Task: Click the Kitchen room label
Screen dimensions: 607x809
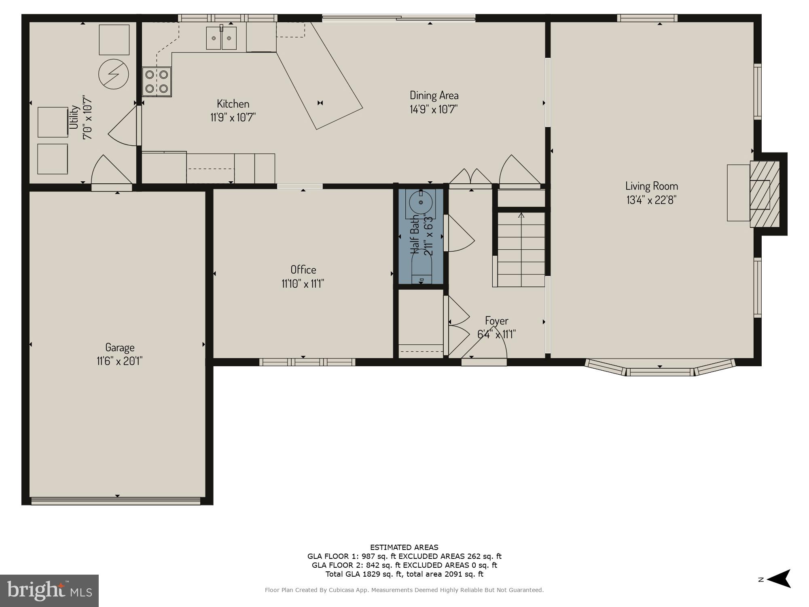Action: pos(233,104)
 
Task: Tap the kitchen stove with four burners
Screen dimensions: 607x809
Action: pos(157,81)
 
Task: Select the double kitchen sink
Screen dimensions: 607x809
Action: pos(221,38)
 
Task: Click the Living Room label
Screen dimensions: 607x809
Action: pos(651,186)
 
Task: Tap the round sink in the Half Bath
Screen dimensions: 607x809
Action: pos(421,202)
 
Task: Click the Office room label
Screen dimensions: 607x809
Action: pos(303,270)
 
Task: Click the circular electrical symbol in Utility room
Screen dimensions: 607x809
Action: pos(114,74)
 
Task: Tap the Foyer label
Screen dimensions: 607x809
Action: pos(496,321)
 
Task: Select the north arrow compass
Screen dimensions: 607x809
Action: pos(779,579)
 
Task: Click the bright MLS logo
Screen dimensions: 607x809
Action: pos(49,591)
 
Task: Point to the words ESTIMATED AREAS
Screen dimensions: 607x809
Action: pos(404,548)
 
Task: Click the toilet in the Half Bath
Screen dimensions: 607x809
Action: pos(421,271)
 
